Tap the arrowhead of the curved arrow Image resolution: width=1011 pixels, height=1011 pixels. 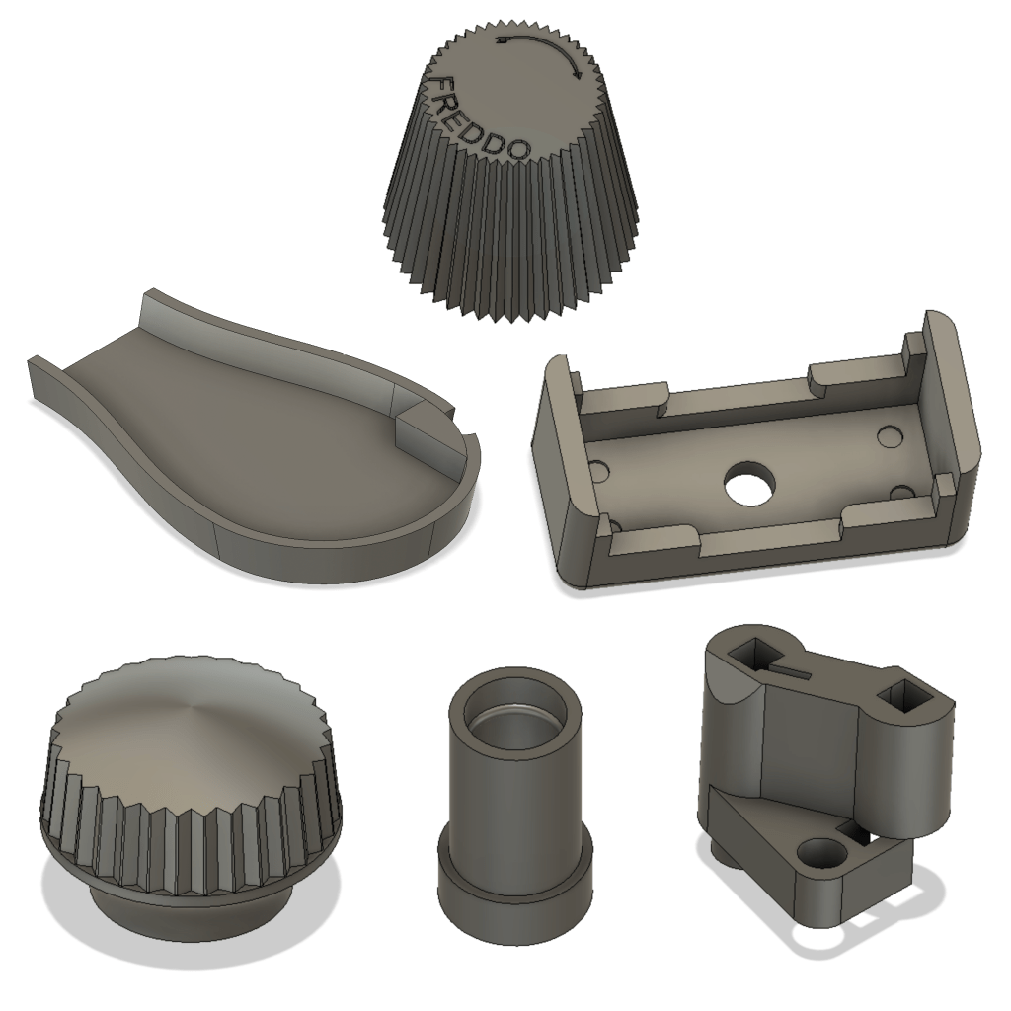coord(577,73)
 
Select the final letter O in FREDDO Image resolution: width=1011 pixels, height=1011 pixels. coord(517,150)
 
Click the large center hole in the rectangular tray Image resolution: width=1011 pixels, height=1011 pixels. coord(748,481)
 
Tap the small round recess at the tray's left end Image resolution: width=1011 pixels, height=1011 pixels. coord(599,469)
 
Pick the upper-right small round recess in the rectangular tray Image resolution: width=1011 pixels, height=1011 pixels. coord(890,434)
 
